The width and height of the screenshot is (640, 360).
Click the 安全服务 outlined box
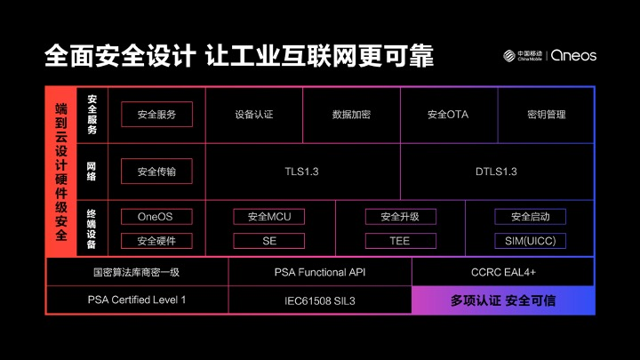156,114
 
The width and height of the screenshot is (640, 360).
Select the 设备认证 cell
254,114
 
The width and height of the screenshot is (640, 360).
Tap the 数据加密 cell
351,114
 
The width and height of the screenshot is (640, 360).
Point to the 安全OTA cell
448,114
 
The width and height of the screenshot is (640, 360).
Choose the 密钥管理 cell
546,114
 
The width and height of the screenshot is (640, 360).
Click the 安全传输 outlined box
156,172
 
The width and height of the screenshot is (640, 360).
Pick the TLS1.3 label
302,172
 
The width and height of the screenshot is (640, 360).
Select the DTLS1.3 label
496,172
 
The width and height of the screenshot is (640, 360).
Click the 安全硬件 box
156,241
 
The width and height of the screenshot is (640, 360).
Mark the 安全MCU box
269,217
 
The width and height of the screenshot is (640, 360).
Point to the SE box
269,241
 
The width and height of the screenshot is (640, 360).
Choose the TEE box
400,241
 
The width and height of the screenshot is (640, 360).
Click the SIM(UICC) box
530,241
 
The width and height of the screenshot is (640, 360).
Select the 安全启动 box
530,217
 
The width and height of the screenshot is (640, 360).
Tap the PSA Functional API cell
320,272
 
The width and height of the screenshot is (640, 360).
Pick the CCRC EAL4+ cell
503,272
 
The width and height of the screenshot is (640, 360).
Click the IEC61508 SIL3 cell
320,300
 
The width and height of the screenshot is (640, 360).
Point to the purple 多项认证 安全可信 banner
503,300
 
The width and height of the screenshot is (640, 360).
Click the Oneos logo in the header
574,55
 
